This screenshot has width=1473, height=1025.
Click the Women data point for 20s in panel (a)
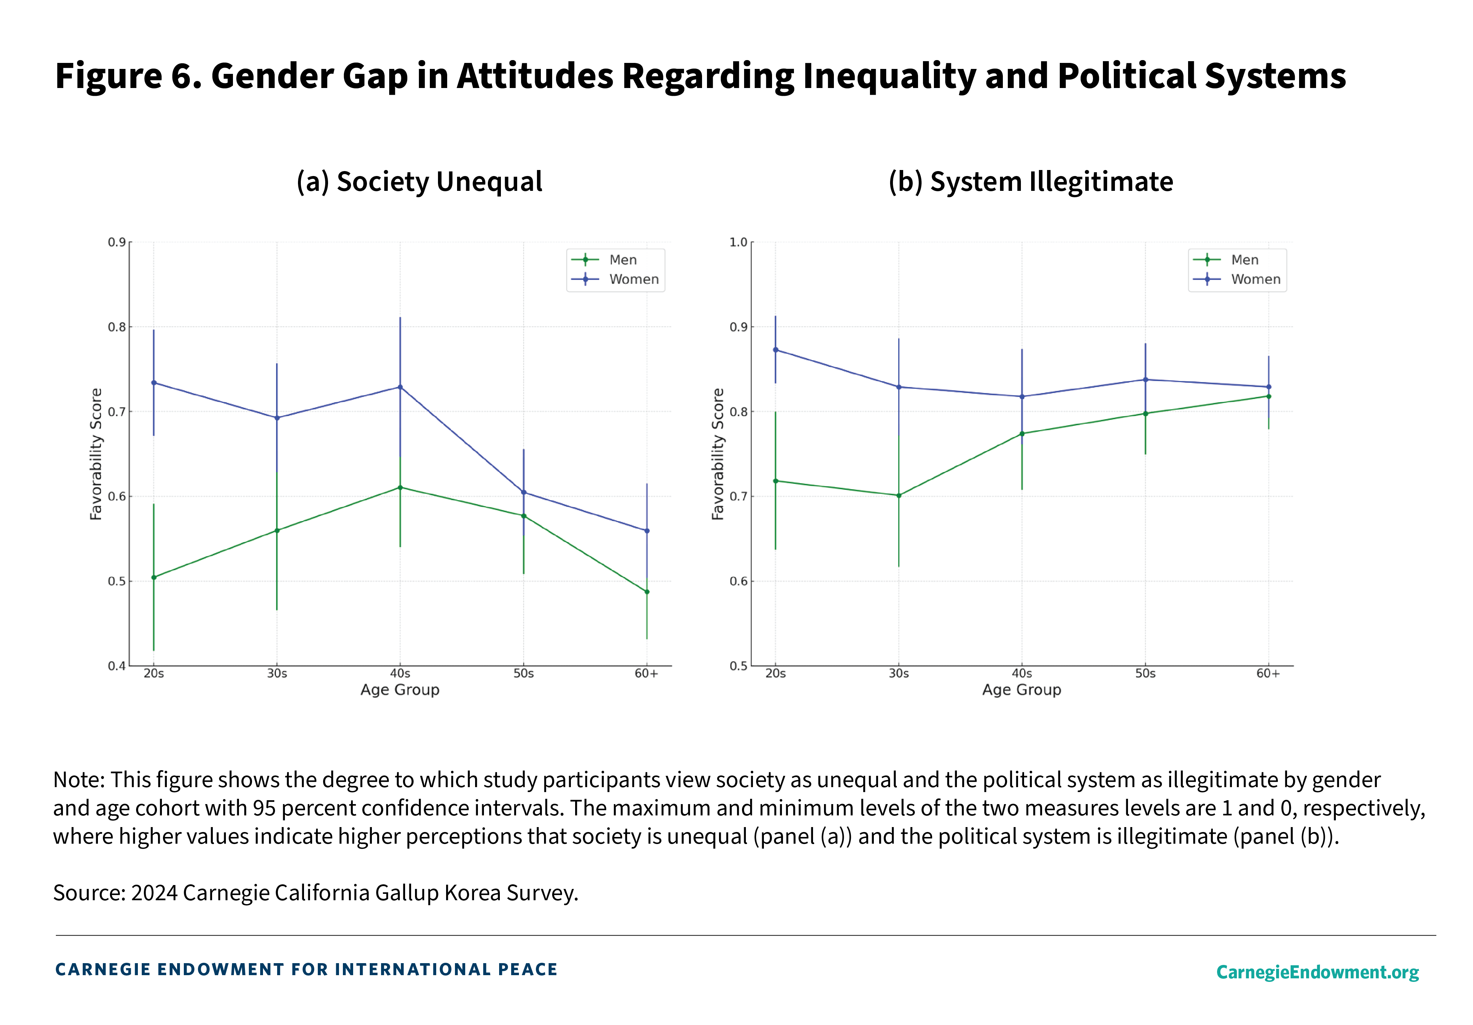(x=153, y=383)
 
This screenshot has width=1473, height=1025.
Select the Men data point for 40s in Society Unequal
(x=400, y=487)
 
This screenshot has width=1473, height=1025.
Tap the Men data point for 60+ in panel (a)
(x=647, y=591)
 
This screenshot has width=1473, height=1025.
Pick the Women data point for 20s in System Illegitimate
(x=776, y=350)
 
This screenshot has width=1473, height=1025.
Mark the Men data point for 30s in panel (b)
(x=899, y=495)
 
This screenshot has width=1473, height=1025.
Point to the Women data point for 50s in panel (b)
(x=1145, y=380)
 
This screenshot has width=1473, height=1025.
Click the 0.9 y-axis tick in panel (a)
(x=116, y=242)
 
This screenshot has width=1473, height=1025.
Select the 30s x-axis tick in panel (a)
(x=277, y=674)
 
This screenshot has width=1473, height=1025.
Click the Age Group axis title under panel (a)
(x=400, y=690)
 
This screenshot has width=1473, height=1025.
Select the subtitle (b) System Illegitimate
(x=1030, y=182)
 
